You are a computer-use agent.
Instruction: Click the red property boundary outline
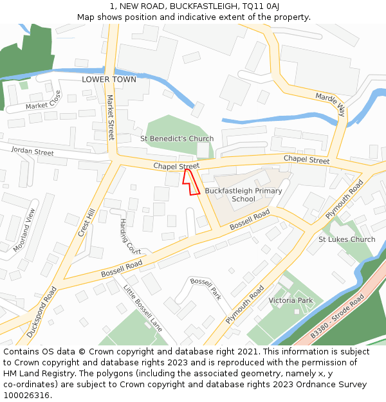click(191, 182)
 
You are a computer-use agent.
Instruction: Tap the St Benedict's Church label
click(177, 139)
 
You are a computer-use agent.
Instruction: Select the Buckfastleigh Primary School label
click(243, 195)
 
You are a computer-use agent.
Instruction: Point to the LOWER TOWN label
click(109, 80)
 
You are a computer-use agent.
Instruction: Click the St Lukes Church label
click(347, 240)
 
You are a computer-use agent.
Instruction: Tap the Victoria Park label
click(290, 300)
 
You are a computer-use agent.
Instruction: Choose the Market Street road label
click(110, 118)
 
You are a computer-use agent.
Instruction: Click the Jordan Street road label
click(32, 152)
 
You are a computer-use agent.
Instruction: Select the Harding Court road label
click(130, 235)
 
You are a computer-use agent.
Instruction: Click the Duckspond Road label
click(42, 312)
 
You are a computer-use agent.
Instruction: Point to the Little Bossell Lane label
click(143, 309)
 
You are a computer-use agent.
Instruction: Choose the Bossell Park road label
click(206, 289)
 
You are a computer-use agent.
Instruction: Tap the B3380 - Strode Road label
click(337, 316)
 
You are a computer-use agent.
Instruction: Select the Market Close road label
click(43, 100)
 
